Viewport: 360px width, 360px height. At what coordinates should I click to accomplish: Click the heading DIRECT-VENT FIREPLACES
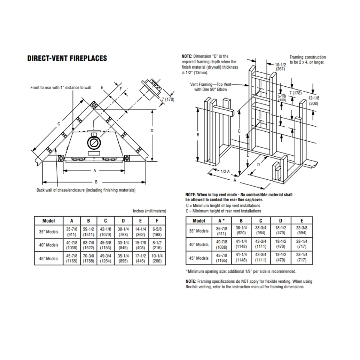[67, 58]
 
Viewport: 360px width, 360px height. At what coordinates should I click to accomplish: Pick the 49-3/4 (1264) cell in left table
[105, 259]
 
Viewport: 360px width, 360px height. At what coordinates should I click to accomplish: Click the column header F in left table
[157, 220]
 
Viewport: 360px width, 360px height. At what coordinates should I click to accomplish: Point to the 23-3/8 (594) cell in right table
[302, 230]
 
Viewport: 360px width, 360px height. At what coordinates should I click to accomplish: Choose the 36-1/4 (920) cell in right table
[241, 230]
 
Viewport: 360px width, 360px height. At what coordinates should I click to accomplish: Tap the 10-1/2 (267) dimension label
[280, 67]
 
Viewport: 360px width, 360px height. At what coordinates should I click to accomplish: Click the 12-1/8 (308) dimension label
[314, 100]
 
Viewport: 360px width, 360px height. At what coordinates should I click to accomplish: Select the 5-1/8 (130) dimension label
[282, 97]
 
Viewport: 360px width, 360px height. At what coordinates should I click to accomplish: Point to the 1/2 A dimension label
[225, 171]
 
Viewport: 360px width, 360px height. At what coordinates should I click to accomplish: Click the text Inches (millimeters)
[149, 211]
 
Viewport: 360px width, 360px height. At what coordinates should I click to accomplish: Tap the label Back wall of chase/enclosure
[86, 190]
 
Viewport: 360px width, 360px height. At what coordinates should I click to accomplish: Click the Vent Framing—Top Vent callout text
[211, 87]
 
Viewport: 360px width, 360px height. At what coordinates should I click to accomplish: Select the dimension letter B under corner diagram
[96, 182]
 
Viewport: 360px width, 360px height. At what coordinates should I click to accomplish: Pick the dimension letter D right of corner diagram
[152, 131]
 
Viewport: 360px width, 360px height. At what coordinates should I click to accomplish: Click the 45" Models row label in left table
[49, 259]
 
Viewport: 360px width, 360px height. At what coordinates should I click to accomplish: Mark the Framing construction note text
[307, 60]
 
